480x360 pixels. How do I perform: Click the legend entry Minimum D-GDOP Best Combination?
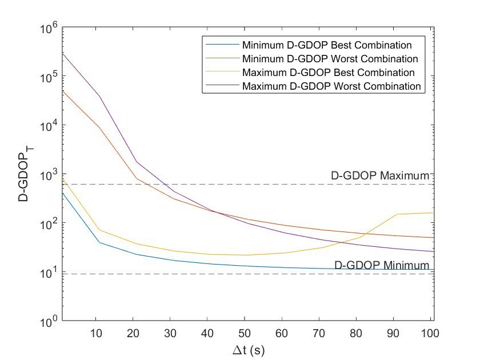tap(327, 45)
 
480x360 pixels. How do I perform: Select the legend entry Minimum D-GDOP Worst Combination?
tap(330, 59)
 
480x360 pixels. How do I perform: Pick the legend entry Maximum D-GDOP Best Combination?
tap(328, 73)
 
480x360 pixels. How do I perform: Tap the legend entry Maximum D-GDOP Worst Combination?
tap(331, 87)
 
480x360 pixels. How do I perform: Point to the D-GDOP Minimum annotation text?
tap(381, 265)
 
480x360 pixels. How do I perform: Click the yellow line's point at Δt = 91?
tap(397, 214)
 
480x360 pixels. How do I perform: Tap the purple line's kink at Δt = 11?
tap(99, 96)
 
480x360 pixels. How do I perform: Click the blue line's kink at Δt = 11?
tap(99, 242)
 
